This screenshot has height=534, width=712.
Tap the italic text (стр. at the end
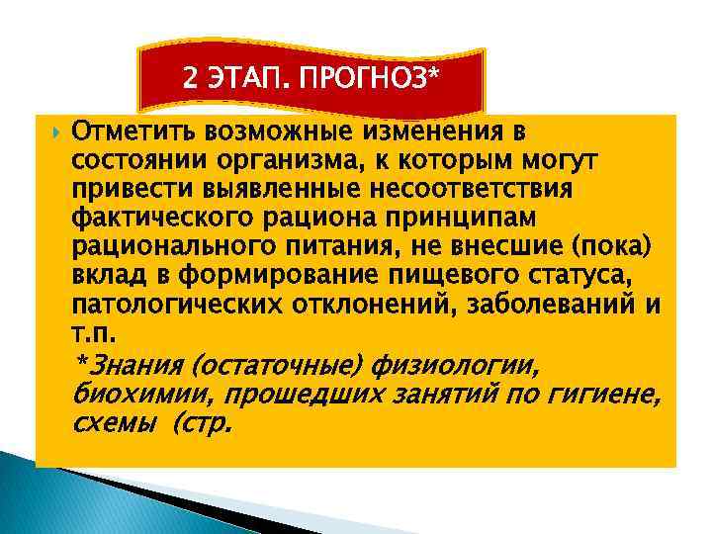(x=203, y=425)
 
